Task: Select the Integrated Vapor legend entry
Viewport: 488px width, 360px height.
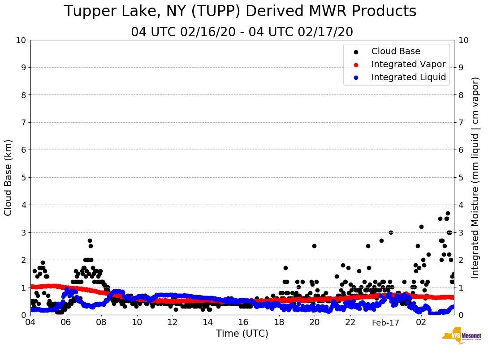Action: [408, 64]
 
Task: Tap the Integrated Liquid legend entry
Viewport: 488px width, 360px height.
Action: [408, 77]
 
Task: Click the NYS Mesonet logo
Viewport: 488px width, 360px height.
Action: [462, 336]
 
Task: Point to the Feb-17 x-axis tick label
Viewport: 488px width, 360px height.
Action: [385, 322]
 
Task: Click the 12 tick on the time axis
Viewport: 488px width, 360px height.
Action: [173, 322]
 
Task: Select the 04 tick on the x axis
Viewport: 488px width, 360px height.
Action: [30, 322]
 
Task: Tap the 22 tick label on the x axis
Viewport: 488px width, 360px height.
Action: [350, 322]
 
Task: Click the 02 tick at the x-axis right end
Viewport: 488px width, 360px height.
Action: [421, 322]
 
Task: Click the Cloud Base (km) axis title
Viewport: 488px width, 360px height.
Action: [9, 177]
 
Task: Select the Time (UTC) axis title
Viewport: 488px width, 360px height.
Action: [242, 334]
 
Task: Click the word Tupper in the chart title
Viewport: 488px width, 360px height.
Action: [88, 12]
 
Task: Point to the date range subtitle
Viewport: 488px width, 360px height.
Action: [242, 32]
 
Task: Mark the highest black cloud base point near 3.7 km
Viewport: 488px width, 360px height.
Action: [448, 213]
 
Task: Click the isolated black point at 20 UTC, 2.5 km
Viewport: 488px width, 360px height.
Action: [314, 246]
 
